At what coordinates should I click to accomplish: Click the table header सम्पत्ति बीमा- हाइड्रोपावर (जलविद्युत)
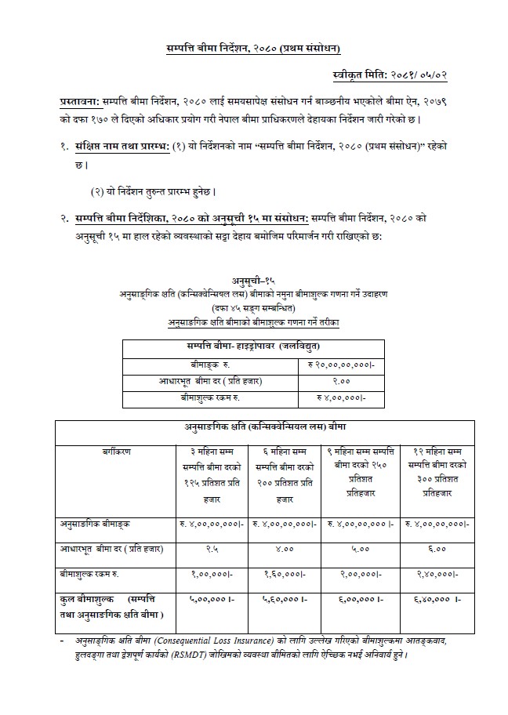(x=252, y=347)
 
